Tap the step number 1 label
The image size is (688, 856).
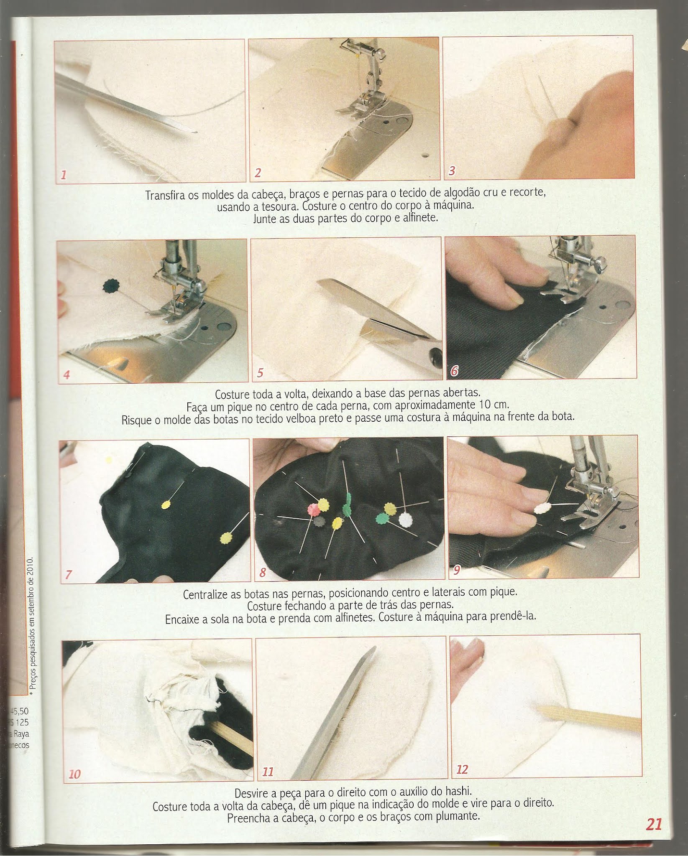[x=64, y=174]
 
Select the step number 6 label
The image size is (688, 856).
[x=454, y=371]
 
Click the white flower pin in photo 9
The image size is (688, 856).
[x=542, y=508]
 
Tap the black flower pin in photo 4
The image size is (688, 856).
[x=110, y=285]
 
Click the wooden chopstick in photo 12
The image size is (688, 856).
[x=588, y=718]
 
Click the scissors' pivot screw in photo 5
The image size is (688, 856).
[x=435, y=355]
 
